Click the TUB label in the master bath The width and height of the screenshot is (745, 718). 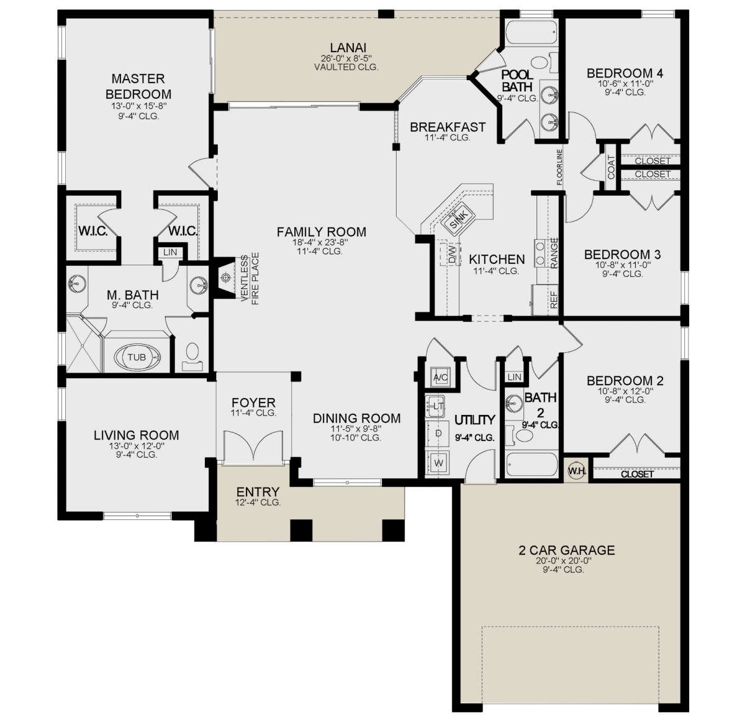tap(137, 357)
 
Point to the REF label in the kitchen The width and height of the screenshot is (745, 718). tap(554, 300)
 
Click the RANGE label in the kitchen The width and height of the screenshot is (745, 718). tap(554, 253)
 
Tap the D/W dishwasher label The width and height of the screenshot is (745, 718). tap(452, 255)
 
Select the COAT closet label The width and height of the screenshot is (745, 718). tap(611, 166)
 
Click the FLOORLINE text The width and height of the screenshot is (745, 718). tap(560, 167)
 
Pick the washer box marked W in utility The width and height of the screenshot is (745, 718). tap(439, 463)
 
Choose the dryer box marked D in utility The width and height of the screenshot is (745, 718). tap(439, 434)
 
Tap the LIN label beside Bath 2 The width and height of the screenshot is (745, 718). tap(515, 377)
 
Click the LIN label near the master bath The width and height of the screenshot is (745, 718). tap(170, 252)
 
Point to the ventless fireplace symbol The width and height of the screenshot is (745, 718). tap(227, 276)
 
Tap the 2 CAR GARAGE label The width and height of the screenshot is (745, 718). tap(567, 550)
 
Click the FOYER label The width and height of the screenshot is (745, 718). tap(253, 402)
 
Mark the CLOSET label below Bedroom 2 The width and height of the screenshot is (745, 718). tap(638, 474)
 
